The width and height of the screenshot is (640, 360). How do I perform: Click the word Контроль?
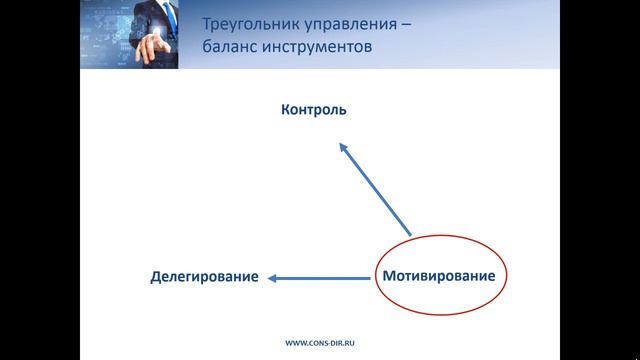tap(313, 110)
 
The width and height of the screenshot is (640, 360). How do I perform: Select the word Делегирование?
tap(205, 276)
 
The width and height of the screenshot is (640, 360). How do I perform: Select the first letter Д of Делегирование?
tap(156, 276)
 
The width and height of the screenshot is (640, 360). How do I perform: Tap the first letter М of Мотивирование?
tap(388, 274)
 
